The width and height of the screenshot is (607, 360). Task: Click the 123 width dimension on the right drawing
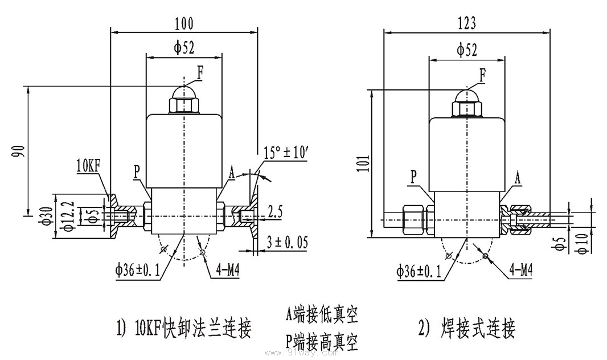[466, 22]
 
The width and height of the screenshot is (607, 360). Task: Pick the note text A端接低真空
[322, 314]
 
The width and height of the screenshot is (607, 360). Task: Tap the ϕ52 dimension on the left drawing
[184, 48]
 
